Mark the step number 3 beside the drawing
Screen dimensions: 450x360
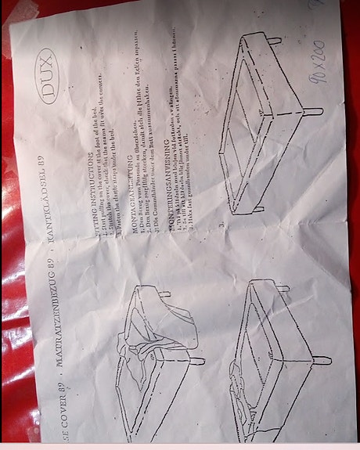pos(224,225)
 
